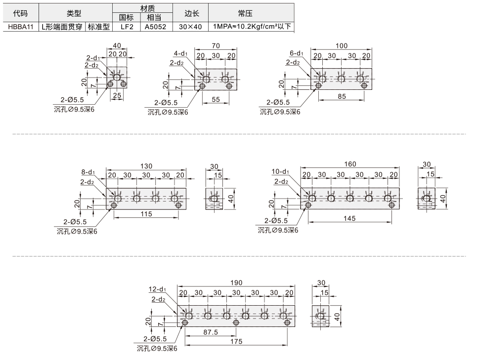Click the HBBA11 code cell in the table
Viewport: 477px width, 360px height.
click(21, 27)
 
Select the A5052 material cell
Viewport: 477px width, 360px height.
click(155, 27)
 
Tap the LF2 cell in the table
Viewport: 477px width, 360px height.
click(127, 27)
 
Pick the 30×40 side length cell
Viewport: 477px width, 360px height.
click(190, 27)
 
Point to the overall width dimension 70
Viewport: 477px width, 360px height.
click(216, 46)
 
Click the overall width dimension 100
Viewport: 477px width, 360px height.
click(342, 46)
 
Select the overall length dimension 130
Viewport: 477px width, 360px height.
click(146, 166)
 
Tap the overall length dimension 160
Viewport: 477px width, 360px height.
click(350, 164)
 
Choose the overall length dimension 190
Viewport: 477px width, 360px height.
click(236, 283)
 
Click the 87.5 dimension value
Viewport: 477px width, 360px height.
click(211, 332)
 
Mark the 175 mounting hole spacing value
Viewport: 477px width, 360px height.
click(236, 341)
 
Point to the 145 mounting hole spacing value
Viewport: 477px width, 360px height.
click(349, 218)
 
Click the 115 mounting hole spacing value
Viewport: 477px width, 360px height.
click(146, 214)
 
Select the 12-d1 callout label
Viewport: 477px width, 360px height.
click(157, 289)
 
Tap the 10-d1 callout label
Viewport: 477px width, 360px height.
click(280, 172)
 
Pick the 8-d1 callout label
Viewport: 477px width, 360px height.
click(88, 172)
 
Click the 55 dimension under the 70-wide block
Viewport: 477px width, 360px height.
click(216, 100)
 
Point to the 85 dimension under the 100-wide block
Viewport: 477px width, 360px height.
click(342, 96)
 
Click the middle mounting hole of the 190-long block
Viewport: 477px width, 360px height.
click(236, 322)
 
